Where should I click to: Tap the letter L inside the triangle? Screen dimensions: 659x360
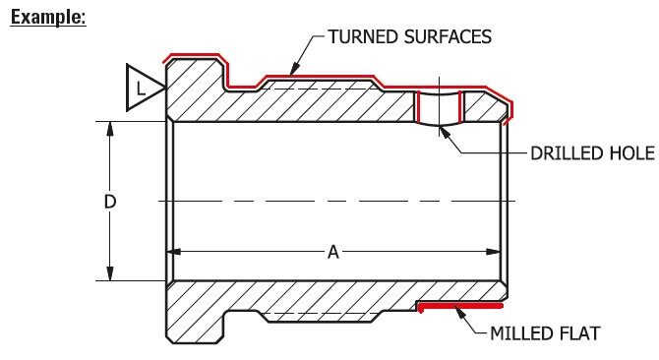(142, 89)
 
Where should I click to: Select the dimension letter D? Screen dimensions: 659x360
(110, 202)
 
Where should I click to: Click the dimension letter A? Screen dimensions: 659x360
(333, 253)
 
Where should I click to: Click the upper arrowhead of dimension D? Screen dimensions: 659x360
(110, 128)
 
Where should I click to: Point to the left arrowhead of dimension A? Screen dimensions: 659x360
(177, 253)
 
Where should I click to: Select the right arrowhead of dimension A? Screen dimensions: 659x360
(500, 253)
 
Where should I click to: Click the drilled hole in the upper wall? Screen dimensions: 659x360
(439, 107)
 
